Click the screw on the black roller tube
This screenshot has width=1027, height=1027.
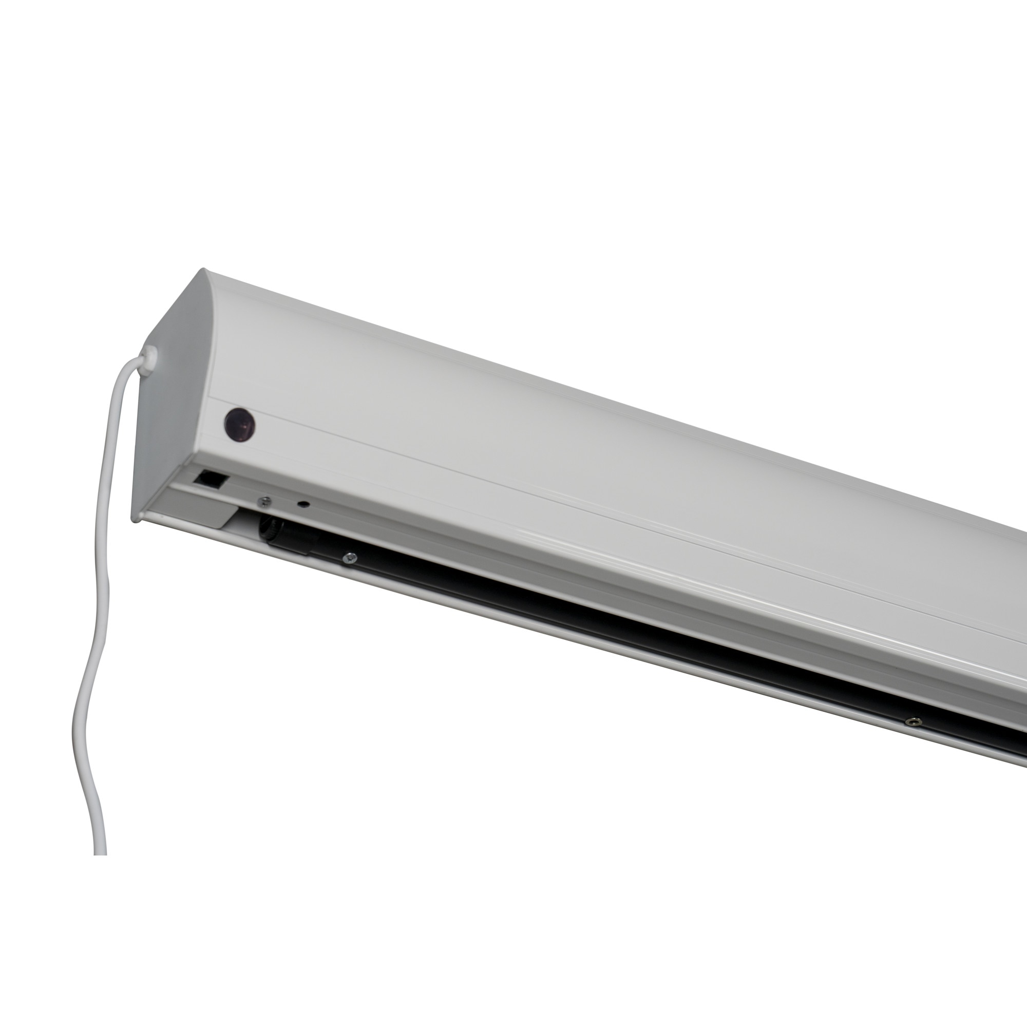click(x=349, y=557)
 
